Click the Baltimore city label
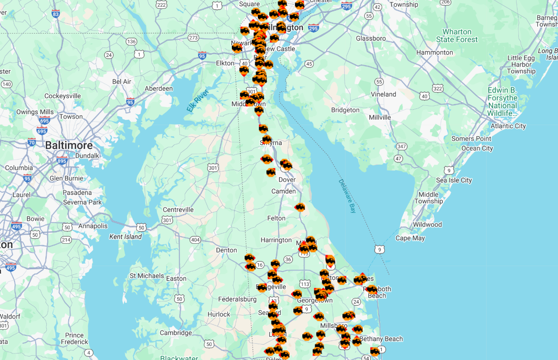click(69, 145)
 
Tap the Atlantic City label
click(508, 126)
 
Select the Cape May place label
click(410, 238)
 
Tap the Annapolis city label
click(93, 226)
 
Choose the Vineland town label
click(383, 94)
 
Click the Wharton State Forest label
click(457, 36)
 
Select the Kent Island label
click(126, 237)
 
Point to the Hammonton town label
click(435, 52)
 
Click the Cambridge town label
click(175, 333)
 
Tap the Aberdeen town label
click(159, 89)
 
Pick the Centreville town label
click(178, 210)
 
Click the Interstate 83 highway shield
click(56, 14)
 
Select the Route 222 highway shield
click(161, 4)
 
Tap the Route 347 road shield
click(401, 146)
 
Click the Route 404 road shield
click(195, 240)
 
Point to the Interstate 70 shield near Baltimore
click(31, 142)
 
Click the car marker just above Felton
click(300, 207)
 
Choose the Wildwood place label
click(427, 225)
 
